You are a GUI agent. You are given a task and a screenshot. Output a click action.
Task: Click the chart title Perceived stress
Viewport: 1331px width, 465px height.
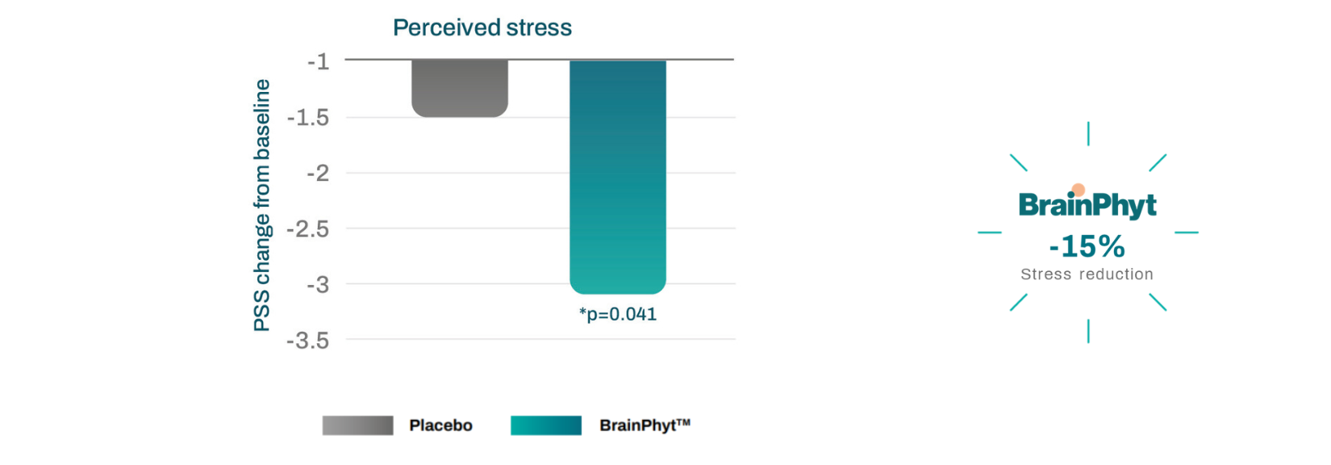tap(482, 28)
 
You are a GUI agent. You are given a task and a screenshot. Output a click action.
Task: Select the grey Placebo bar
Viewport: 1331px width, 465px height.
tap(460, 88)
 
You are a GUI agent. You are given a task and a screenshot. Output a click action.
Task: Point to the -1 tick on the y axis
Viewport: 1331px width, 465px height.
tap(319, 61)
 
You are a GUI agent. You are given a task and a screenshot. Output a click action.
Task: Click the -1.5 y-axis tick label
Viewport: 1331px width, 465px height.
tap(308, 118)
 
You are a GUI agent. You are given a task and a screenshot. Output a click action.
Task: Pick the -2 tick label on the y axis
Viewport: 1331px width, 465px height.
tap(318, 173)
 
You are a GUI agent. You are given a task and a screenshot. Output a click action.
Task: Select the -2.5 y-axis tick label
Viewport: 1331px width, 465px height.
tap(308, 229)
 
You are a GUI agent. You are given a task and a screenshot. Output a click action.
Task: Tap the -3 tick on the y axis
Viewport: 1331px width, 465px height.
tap(318, 284)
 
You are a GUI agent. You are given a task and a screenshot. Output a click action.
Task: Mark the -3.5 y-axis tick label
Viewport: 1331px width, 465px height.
tap(308, 341)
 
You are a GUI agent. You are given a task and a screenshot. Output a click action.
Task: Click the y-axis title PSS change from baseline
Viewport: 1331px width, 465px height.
tap(262, 205)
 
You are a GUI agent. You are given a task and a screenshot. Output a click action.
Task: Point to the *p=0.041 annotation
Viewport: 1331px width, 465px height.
tap(618, 314)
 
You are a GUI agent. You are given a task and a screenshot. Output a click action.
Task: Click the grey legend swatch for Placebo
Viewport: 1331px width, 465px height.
tap(357, 425)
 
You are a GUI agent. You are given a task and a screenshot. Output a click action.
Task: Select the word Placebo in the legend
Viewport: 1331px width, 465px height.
tap(440, 425)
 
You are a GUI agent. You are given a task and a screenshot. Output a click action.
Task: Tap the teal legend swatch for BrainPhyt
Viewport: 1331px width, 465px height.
tap(546, 425)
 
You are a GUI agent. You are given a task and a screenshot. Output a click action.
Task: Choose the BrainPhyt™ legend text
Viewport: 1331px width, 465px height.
tap(645, 425)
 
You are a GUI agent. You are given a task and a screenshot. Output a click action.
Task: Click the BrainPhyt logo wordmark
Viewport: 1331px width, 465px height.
tap(1087, 206)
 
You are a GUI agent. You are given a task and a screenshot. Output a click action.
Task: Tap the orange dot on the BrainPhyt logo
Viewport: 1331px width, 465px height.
tap(1079, 191)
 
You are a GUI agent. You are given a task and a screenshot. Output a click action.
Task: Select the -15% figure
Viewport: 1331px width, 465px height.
tap(1087, 246)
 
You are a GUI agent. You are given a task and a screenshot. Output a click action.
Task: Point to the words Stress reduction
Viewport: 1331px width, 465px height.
tap(1087, 274)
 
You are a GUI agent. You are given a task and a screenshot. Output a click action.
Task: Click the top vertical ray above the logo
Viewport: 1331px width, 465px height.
tap(1088, 133)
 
